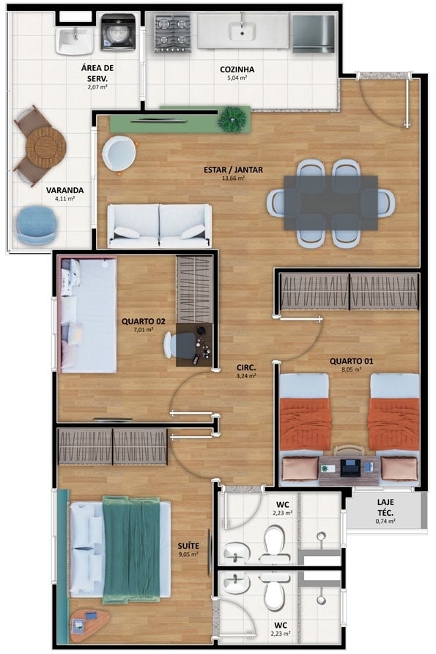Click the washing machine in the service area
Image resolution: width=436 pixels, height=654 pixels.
point(118,31)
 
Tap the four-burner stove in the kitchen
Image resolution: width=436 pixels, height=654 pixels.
point(172,34)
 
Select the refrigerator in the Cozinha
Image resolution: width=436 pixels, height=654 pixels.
point(314,34)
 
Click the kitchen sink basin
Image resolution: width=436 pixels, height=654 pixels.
point(243,31)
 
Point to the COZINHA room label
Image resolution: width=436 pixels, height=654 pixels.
point(237,69)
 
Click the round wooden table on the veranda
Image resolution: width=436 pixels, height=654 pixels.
point(46,147)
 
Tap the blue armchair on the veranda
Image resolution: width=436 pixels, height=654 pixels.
point(37,225)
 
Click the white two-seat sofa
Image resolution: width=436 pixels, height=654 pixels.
point(159,225)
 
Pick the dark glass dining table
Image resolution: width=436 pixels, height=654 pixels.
point(330,203)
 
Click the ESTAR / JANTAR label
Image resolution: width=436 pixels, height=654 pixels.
point(233,170)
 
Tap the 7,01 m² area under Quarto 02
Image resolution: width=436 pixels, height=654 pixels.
point(144,329)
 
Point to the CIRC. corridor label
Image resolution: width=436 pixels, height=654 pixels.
point(246,367)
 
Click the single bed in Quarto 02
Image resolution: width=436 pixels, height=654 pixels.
point(88,315)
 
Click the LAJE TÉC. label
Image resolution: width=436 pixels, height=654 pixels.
point(385,507)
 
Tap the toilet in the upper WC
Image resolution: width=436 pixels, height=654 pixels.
point(274,544)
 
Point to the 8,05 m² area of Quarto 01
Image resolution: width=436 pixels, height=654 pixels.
point(352,369)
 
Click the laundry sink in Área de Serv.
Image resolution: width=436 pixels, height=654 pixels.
point(75,41)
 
